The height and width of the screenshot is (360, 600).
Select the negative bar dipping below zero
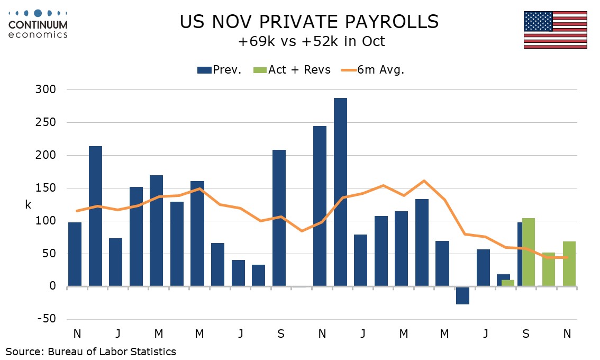pos(462,295)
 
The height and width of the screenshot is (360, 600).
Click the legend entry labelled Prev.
pos(220,70)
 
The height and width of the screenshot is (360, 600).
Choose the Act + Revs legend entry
pos(293,70)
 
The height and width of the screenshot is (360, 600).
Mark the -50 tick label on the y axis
pos(47,319)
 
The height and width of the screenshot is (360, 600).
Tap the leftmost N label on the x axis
pos(77,334)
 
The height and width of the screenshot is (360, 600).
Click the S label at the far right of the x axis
pos(526,334)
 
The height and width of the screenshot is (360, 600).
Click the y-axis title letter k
pos(28,205)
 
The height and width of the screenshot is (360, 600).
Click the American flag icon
pos(555,30)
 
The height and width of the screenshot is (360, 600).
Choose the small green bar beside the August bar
pos(507,283)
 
